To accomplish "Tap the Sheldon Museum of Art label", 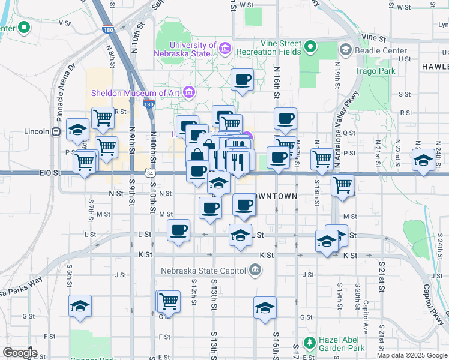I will [137, 92].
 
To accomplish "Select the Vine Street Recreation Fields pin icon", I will [310, 46].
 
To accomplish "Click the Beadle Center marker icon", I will [345, 50].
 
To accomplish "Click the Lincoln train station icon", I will [56, 131].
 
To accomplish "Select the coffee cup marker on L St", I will [178, 230].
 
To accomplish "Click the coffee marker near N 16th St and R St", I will [285, 118].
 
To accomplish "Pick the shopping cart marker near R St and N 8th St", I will [103, 118].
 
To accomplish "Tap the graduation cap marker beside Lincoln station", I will [77, 129].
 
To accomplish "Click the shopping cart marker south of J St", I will [169, 301].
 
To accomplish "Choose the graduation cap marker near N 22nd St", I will [423, 160].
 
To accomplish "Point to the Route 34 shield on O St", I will [148, 173].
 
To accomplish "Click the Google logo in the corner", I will [20, 353].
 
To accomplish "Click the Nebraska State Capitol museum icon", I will [255, 271].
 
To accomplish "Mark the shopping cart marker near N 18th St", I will [322, 159].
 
